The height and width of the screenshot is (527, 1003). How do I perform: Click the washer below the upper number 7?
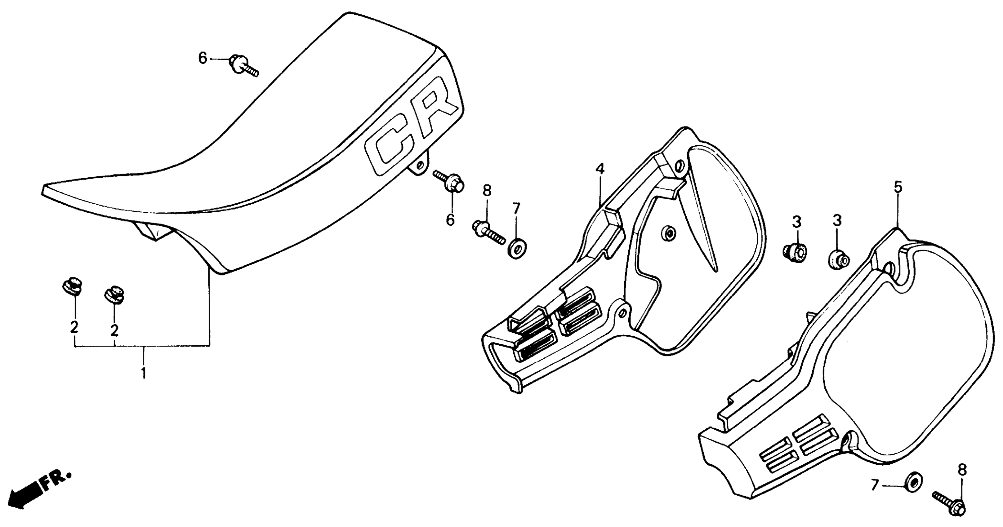click(516, 249)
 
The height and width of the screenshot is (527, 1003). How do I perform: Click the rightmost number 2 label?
click(114, 330)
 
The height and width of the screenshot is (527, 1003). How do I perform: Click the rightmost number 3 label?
click(837, 221)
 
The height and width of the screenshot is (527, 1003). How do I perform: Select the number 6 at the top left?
click(203, 58)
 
